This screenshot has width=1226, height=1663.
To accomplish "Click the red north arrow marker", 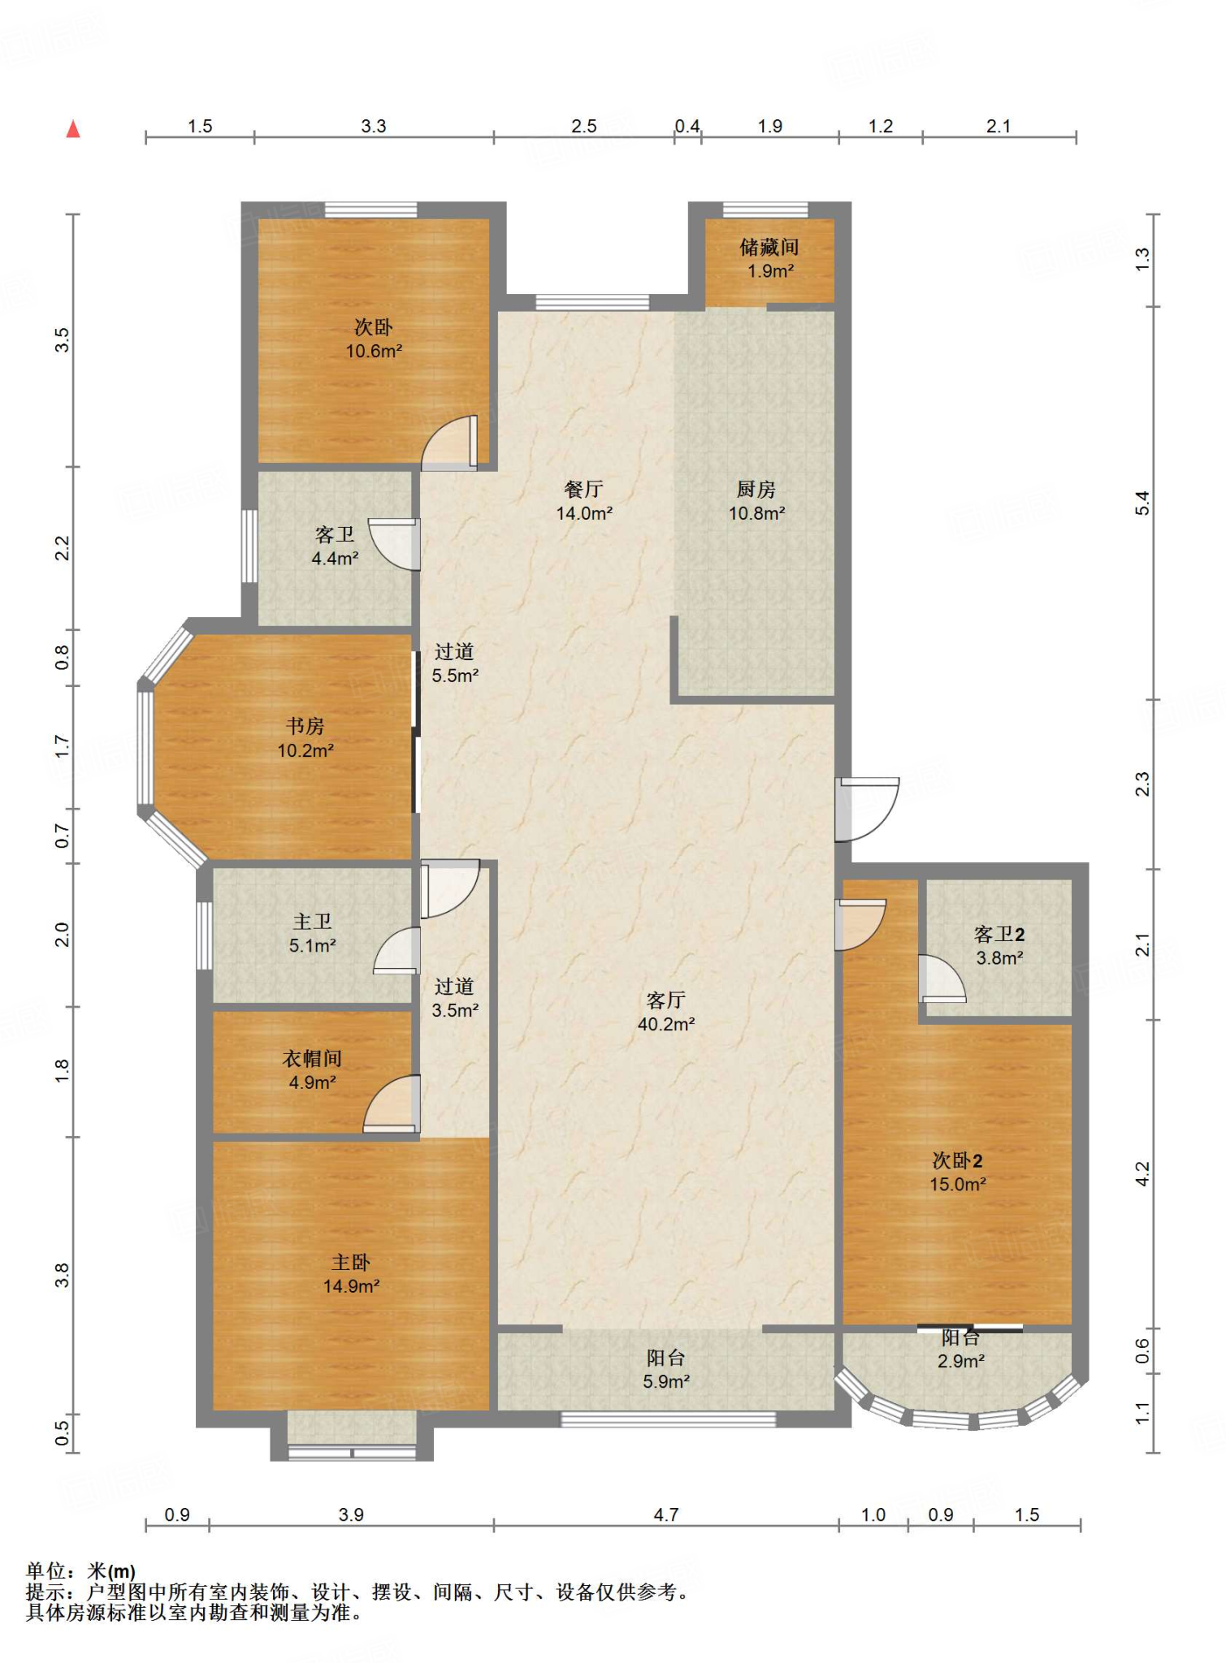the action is point(73,128).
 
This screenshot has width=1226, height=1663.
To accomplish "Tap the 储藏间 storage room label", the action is point(769,247).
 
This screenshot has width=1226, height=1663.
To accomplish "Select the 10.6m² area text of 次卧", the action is point(374,352).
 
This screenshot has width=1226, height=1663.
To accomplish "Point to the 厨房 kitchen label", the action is point(756,489).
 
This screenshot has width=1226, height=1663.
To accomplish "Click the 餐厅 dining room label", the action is point(583,489).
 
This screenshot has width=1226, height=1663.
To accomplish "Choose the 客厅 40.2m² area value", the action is point(666,1025).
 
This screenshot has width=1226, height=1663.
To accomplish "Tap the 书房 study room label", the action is point(305,726).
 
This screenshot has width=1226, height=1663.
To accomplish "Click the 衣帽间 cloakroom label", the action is point(312,1058).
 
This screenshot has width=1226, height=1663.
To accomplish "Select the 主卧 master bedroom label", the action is point(351,1262).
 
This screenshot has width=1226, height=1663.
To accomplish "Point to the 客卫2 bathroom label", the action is point(999,934).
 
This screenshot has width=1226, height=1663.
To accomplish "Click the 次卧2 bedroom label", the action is point(957,1160).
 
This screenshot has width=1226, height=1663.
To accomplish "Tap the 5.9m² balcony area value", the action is point(666,1381).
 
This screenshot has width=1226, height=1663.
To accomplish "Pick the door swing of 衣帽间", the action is point(391,1104).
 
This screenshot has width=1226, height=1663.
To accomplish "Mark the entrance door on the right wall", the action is point(867,810).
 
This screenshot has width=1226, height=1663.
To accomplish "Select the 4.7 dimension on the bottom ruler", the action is point(666,1514).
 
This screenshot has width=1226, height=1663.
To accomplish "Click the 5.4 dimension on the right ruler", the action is point(1142,503).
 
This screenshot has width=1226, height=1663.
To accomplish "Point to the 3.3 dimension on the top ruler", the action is point(374,126).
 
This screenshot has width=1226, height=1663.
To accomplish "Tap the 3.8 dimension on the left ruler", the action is point(63,1276).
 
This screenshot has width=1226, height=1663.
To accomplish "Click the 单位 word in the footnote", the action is point(46,1571).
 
